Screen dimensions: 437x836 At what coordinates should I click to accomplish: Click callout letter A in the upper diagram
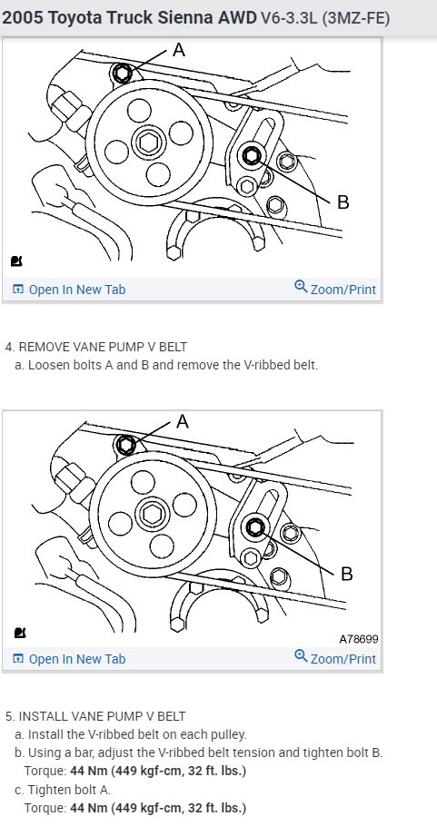point(179,50)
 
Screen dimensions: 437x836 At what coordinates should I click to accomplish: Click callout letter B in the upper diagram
point(343,202)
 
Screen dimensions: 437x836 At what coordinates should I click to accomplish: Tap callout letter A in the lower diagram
point(182,422)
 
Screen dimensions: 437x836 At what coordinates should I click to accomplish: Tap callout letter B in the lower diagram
point(346,574)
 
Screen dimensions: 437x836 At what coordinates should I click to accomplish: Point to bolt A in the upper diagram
point(123,73)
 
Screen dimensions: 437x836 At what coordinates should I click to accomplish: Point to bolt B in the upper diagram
point(252,156)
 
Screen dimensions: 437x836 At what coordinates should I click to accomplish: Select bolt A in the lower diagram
point(126,444)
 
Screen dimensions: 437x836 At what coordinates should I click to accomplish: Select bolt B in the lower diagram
point(255,527)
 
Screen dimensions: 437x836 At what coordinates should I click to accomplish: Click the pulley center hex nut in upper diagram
point(147,143)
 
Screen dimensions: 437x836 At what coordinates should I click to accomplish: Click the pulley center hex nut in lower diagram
point(150,514)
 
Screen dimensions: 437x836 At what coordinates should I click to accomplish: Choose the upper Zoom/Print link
point(335,289)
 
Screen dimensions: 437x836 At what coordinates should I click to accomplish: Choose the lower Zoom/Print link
point(335,658)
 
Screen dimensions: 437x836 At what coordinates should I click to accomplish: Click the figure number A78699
point(359,639)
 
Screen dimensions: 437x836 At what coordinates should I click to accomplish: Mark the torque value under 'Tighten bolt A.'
point(158,808)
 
